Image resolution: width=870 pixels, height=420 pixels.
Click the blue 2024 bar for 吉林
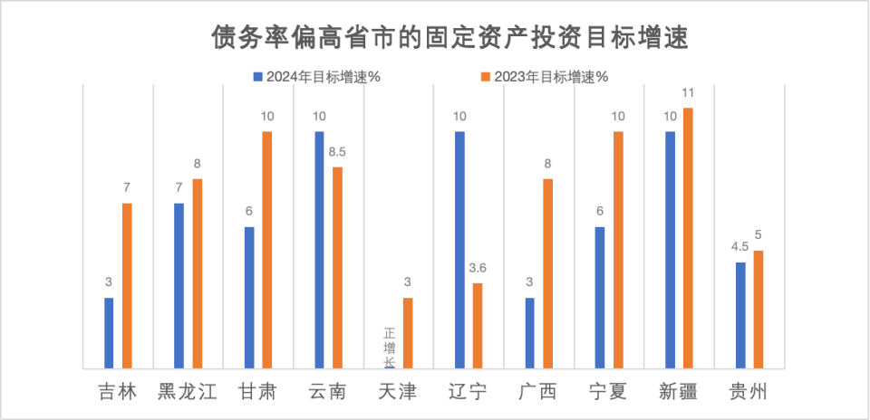pos(109,332)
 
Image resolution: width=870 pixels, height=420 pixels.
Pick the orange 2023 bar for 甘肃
pos(267,250)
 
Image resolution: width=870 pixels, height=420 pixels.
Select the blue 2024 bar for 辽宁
pos(459,250)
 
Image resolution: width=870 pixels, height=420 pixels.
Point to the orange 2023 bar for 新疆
pos(688,238)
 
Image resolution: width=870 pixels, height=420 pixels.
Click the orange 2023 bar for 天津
pos(408,332)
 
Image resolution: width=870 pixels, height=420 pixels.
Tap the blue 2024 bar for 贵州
pos(740,315)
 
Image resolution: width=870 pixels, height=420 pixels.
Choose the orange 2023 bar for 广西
pos(547,273)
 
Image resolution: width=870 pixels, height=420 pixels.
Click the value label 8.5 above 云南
pos(337,152)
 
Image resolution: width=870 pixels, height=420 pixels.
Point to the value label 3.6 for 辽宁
pos(478,268)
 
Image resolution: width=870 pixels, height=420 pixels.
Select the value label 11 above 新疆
pos(688,92)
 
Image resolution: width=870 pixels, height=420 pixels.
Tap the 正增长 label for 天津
pos(390,347)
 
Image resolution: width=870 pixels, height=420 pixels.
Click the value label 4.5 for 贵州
pos(740,247)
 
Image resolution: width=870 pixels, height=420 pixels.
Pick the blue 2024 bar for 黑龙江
pos(179,285)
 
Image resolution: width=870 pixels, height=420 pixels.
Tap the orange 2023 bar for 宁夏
pos(618,250)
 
